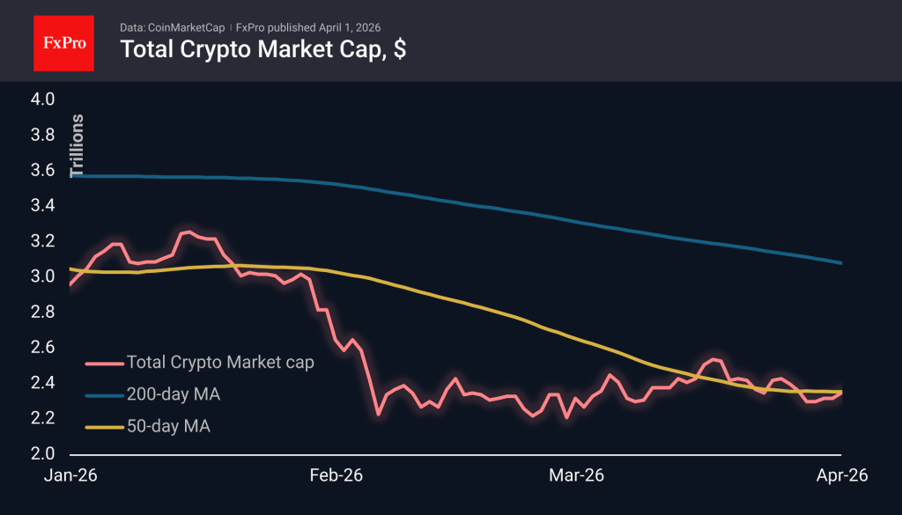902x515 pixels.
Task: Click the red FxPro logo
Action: (x=63, y=41)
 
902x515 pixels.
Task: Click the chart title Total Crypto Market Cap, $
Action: (x=262, y=49)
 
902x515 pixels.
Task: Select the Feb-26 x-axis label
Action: (x=335, y=476)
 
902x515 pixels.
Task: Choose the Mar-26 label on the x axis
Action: (x=576, y=476)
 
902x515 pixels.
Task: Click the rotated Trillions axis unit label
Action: (x=78, y=145)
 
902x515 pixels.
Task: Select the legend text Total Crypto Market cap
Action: (x=220, y=362)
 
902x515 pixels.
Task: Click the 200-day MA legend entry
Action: (x=174, y=394)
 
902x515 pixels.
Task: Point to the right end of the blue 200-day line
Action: (x=841, y=263)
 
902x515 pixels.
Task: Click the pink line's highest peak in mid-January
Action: (x=187, y=232)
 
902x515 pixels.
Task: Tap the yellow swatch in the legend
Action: (x=103, y=427)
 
